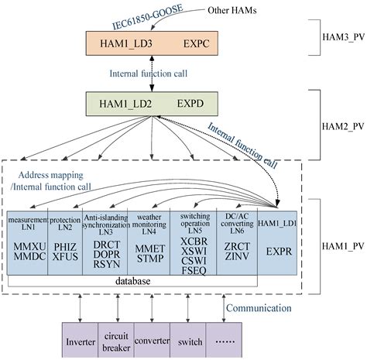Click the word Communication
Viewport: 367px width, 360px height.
click(x=259, y=308)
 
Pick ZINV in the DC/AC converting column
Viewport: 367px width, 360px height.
click(x=232, y=254)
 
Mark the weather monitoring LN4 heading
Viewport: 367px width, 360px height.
click(x=143, y=224)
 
